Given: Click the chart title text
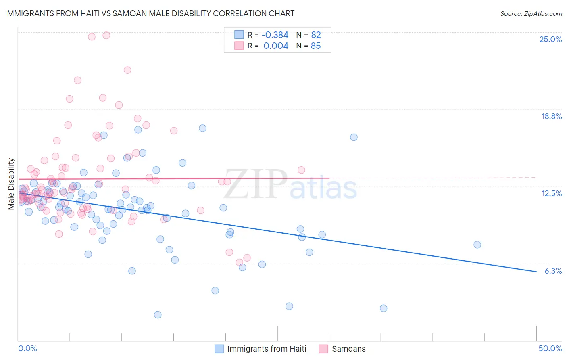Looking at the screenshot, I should (x=149, y=13).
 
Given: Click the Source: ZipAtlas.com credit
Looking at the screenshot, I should (x=531, y=13).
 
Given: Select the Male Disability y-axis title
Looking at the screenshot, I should (x=11, y=184).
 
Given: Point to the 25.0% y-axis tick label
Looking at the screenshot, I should (x=550, y=39).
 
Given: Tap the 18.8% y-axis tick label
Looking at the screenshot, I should (x=551, y=116).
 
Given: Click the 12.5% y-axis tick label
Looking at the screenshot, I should (x=551, y=193).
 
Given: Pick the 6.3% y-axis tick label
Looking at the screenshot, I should (x=553, y=271).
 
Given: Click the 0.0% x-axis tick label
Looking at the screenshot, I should (x=27, y=348).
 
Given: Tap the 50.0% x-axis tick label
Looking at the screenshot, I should (x=550, y=348).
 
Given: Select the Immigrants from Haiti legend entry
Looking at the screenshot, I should (x=261, y=349).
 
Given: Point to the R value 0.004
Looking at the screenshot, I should (x=276, y=46).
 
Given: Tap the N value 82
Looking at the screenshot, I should (x=316, y=35).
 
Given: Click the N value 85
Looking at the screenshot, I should (x=316, y=46).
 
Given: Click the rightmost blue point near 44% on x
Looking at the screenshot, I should (x=477, y=245).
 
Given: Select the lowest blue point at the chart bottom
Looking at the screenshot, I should (x=158, y=315).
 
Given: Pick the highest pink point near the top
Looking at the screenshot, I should (x=106, y=35).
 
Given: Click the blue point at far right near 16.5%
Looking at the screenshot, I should (x=354, y=137).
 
